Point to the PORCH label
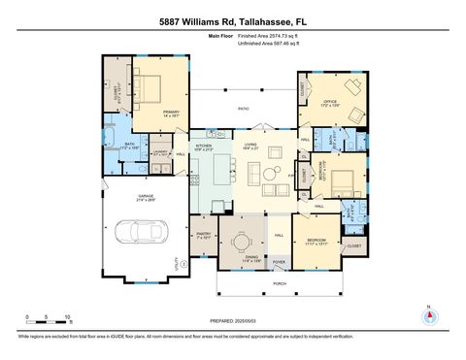pos(280,283)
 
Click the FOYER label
pos(278,261)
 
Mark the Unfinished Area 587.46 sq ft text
pos(271,44)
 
